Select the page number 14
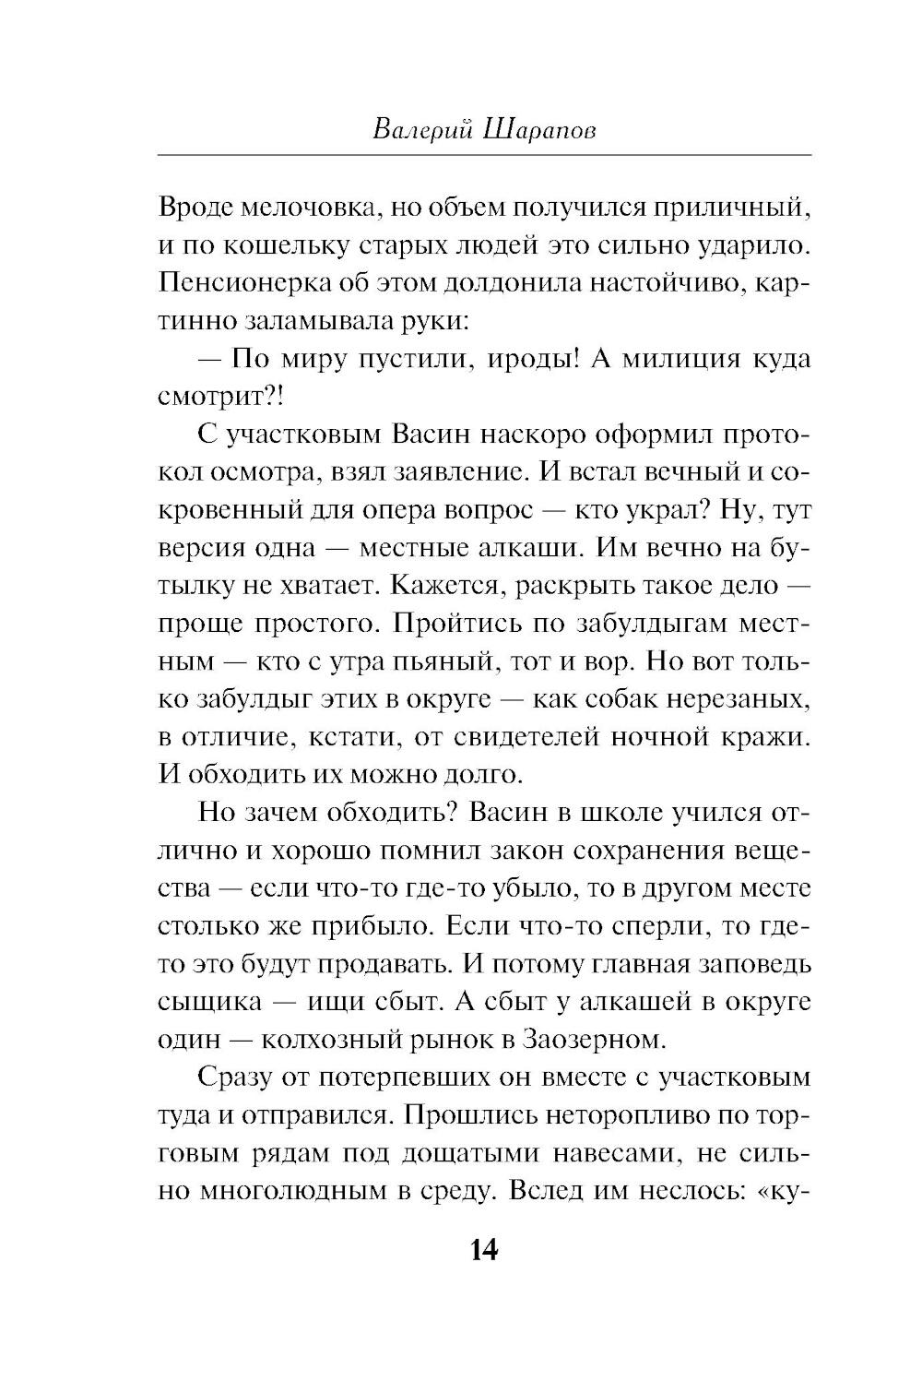(483, 1250)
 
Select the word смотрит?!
(209, 396)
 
